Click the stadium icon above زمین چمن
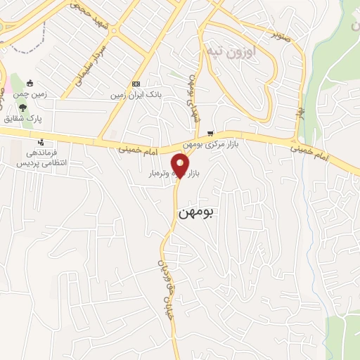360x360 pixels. point(30,83)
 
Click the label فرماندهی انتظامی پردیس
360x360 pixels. point(41,157)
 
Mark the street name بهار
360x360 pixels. point(301,112)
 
